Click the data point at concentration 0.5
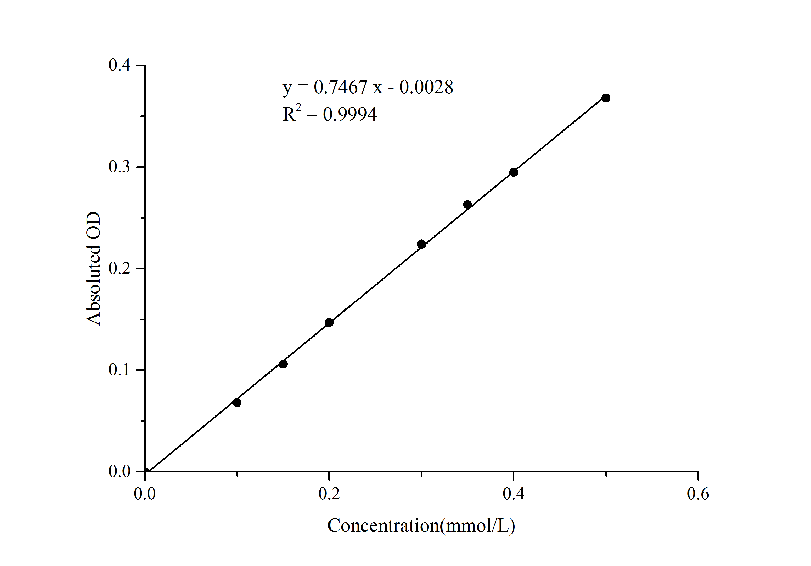pyautogui.click(x=606, y=98)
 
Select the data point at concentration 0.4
pyautogui.click(x=514, y=172)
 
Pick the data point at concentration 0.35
pyautogui.click(x=467, y=204)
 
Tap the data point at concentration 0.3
pyautogui.click(x=421, y=244)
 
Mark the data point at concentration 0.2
pyautogui.click(x=329, y=322)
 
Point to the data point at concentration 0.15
pyautogui.click(x=283, y=364)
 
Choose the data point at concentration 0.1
pyautogui.click(x=237, y=402)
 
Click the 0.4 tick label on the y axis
pyautogui.click(x=119, y=65)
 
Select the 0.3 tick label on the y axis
pyautogui.click(x=119, y=167)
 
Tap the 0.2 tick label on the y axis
pyautogui.click(x=119, y=268)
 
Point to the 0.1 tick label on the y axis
pyautogui.click(x=119, y=370)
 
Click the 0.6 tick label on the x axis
pyautogui.click(x=698, y=493)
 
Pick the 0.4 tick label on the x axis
pyautogui.click(x=514, y=493)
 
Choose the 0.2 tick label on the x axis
pyautogui.click(x=329, y=493)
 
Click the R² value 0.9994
pyautogui.click(x=350, y=114)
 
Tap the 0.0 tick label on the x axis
pyautogui.click(x=145, y=493)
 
